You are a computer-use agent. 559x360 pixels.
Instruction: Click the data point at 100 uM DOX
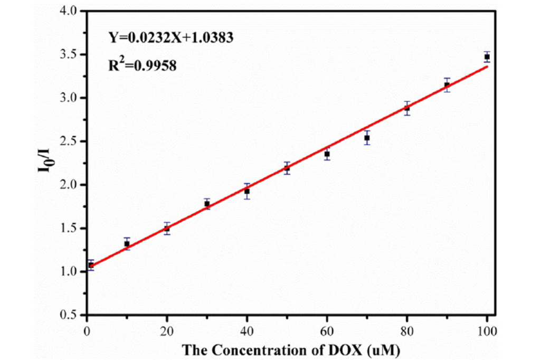pos(487,56)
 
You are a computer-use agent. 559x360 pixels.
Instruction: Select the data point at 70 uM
pos(367,138)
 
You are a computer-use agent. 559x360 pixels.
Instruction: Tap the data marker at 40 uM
pos(247,191)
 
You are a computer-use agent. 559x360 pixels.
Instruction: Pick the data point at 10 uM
pos(127,243)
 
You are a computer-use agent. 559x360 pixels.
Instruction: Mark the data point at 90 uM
pos(447,85)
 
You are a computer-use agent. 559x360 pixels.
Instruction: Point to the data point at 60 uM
pos(327,154)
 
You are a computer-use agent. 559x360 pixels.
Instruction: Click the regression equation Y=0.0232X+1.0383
pos(171,37)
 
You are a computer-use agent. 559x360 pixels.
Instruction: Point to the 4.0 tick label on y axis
pos(71,11)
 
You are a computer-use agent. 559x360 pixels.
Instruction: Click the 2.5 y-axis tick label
pos(71,141)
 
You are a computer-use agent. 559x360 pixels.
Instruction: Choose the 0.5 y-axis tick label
pos(71,315)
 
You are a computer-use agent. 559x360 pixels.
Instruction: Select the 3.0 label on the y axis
pos(71,98)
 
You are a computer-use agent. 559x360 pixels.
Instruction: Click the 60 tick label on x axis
pos(327,331)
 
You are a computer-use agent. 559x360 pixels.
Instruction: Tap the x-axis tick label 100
pos(487,331)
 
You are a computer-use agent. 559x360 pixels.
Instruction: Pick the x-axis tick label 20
pos(167,331)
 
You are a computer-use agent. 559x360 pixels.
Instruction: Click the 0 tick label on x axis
pos(87,331)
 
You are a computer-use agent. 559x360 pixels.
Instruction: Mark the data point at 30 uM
pos(207,204)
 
